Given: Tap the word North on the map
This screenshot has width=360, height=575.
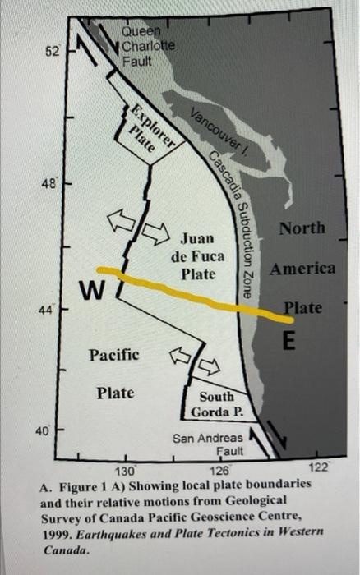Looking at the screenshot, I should pyautogui.click(x=302, y=228).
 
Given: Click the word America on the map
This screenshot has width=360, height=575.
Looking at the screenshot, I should pyautogui.click(x=302, y=268).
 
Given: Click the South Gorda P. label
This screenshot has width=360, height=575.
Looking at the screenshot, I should pyautogui.click(x=215, y=403).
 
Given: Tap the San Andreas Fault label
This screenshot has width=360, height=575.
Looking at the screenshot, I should pyautogui.click(x=209, y=444).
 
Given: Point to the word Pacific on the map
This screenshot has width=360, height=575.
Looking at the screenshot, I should pyautogui.click(x=113, y=355).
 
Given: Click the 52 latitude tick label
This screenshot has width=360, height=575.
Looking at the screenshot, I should pyautogui.click(x=52, y=52).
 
